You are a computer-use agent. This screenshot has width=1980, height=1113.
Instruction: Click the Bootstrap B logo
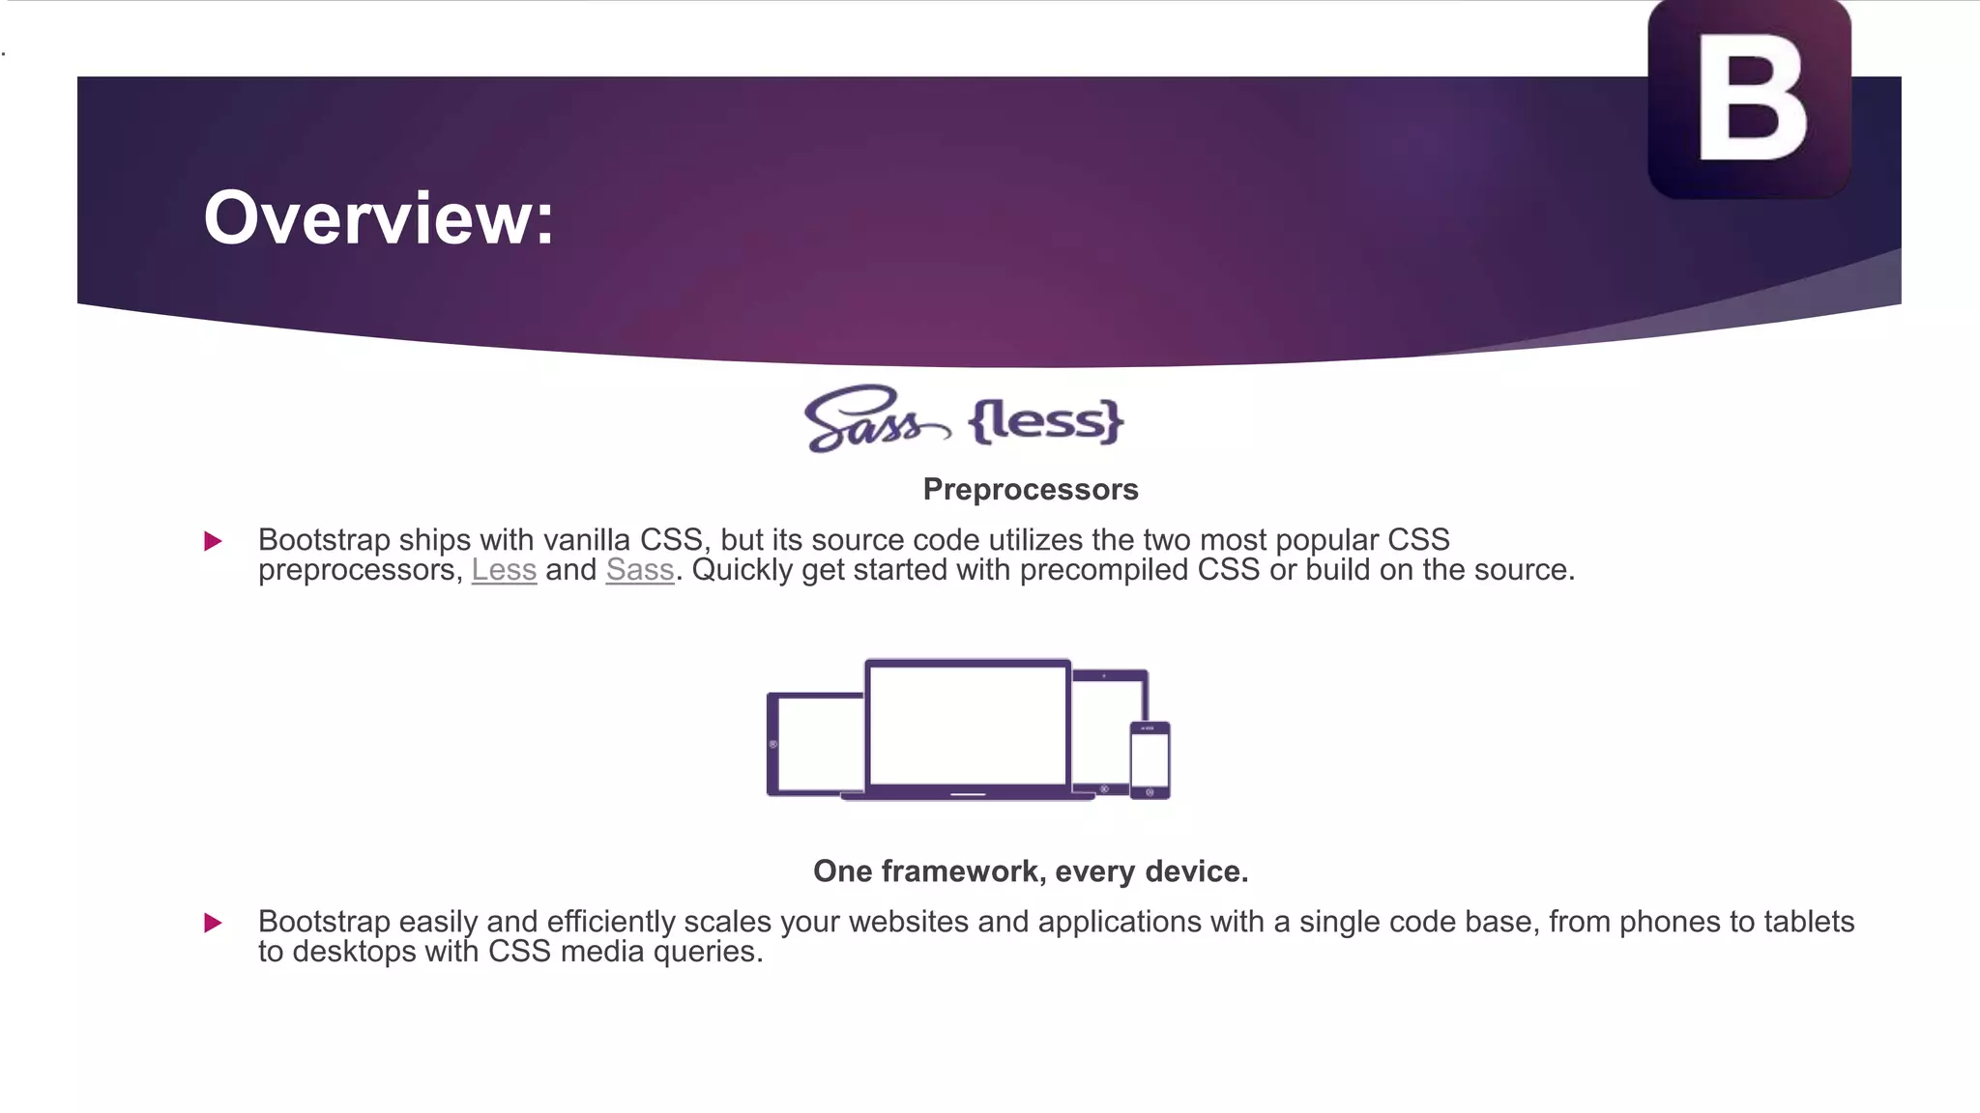click(x=1749, y=99)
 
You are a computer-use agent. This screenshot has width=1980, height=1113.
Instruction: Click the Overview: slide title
click(x=378, y=218)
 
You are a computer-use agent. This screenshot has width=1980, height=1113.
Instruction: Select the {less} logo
click(x=1046, y=421)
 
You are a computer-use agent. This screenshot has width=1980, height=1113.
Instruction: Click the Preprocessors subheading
click(x=1031, y=490)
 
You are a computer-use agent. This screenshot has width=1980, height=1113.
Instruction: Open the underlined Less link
click(x=504, y=570)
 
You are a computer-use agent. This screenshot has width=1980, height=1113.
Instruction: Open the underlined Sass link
click(x=640, y=570)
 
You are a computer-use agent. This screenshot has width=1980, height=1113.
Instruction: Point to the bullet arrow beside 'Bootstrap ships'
click(x=214, y=541)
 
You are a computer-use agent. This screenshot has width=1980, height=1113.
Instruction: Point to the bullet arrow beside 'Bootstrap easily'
click(x=214, y=923)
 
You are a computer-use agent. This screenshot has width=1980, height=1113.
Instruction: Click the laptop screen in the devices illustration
click(x=967, y=724)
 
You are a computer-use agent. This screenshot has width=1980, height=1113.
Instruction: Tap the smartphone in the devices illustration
click(x=1150, y=759)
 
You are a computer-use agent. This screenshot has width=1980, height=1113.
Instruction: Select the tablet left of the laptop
click(x=814, y=744)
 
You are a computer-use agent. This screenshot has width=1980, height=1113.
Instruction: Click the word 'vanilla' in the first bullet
click(x=586, y=540)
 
